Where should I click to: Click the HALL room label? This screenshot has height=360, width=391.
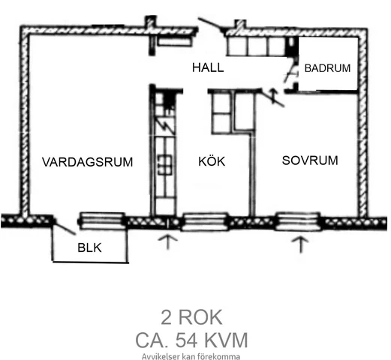208,67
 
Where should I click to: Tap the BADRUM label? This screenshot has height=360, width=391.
327,68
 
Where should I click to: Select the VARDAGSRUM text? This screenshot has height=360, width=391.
87,162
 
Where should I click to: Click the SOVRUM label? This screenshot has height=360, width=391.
310,160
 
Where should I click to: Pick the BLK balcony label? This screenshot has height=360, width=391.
89,247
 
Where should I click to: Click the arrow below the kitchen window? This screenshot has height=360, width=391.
168,241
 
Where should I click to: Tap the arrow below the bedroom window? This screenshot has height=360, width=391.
300,244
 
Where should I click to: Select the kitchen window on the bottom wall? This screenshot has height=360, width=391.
205,221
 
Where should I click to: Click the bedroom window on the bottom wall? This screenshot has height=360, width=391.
298,221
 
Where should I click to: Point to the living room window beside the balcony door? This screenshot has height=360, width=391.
102,220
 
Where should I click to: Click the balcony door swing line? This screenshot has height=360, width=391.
65,227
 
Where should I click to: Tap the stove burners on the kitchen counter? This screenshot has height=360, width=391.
165,165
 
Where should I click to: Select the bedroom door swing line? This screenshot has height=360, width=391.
273,98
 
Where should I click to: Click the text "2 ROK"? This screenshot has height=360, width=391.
191,317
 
